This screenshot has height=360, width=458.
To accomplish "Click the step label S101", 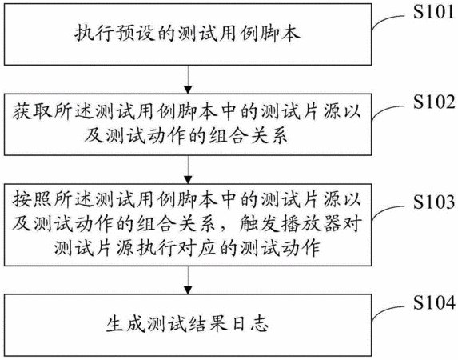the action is (434, 12).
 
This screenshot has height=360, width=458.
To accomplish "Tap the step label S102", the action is (434, 102).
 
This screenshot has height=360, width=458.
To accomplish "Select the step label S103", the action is (434, 202).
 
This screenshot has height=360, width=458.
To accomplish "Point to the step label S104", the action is (434, 302).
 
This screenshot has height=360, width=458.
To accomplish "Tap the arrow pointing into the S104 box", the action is (188, 279).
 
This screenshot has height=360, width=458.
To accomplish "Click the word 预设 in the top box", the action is (135, 33).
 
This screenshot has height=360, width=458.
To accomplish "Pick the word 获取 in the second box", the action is (32, 112).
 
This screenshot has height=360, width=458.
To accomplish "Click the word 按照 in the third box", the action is (32, 200).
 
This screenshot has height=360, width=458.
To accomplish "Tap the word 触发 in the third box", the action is (259, 224).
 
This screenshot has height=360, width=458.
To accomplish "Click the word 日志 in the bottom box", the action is (249, 324).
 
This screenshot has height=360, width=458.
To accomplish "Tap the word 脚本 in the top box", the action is (281, 33).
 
